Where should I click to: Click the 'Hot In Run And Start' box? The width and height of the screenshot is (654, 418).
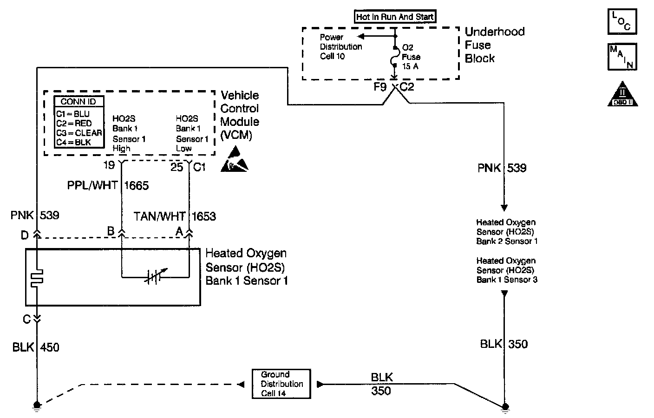tap(395, 17)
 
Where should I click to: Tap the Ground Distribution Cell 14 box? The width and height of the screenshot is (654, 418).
tap(281, 384)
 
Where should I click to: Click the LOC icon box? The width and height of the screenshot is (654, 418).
tap(622, 22)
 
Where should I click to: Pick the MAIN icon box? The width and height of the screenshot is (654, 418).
tap(622, 57)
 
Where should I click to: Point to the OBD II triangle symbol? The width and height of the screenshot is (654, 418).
tap(622, 94)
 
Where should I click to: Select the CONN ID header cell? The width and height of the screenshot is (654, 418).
tap(79, 102)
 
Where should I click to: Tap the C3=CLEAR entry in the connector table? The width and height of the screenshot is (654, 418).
tap(79, 133)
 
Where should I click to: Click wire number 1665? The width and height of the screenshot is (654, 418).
tap(137, 186)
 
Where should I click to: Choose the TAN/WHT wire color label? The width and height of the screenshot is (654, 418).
tap(159, 216)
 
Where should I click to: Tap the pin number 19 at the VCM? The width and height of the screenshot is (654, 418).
tap(109, 165)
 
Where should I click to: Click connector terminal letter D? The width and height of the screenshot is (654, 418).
tap(25, 235)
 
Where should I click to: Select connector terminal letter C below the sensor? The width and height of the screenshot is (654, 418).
tap(27, 320)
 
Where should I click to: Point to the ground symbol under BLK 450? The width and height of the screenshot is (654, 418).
tap(37, 406)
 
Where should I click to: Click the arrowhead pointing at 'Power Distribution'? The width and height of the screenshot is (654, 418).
tap(361, 37)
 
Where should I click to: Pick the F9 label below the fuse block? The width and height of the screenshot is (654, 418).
tap(380, 87)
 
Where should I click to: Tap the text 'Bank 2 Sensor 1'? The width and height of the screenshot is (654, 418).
tap(507, 242)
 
